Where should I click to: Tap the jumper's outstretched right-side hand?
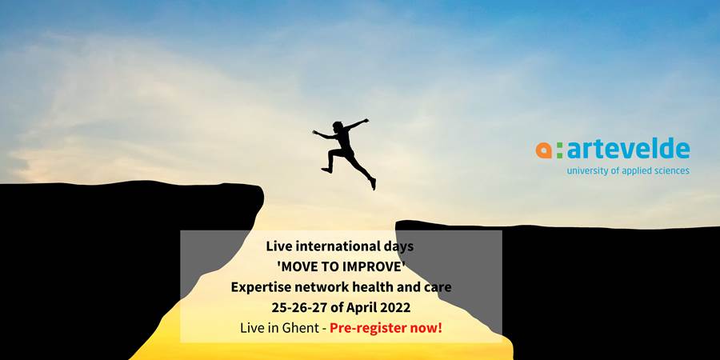coord(366,121)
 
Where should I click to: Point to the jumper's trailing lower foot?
coord(373,184)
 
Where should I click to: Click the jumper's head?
coord(338,126)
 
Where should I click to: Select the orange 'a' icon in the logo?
coord(543,150)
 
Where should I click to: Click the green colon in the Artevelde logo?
coord(559,150)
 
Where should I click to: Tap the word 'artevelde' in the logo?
coord(628,148)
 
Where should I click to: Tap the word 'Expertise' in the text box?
coord(253,287)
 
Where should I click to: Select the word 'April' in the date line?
coord(362,308)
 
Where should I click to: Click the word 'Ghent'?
coord(306,328)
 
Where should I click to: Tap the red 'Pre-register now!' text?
coord(386,329)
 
